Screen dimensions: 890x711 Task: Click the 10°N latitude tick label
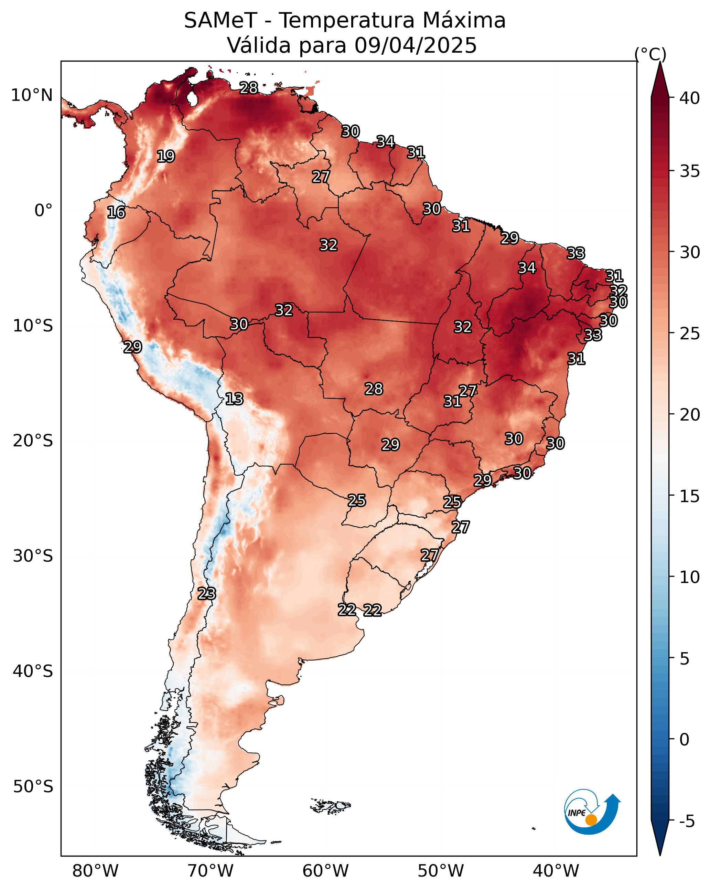coord(32,95)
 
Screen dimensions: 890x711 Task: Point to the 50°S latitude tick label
coord(33,787)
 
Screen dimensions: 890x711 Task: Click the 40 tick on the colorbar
coord(690,98)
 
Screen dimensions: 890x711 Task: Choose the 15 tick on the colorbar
coord(690,496)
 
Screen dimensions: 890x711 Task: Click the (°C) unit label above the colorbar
coord(650,54)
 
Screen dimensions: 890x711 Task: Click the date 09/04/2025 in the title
coord(416,45)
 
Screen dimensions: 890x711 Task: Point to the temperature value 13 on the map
coord(234,399)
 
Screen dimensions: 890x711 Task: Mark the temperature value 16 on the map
coord(116,213)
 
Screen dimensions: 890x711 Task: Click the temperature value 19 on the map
coord(166,157)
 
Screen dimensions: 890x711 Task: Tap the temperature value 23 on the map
coord(207,594)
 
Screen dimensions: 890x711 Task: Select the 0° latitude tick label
coord(43,211)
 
